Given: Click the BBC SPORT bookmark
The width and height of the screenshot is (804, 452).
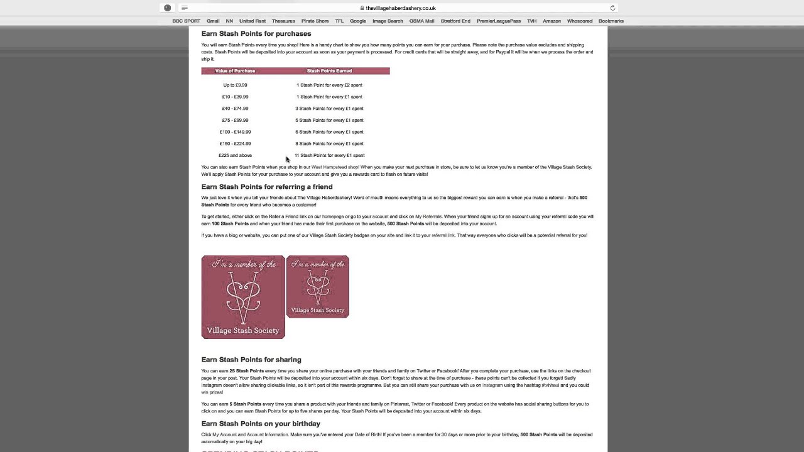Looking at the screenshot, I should (186, 21).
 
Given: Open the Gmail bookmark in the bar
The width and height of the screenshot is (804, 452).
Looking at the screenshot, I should (213, 21).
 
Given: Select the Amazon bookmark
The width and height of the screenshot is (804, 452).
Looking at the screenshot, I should (551, 21).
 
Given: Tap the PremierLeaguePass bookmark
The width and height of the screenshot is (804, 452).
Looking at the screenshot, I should (498, 21).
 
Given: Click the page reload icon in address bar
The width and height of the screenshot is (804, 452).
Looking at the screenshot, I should (612, 8).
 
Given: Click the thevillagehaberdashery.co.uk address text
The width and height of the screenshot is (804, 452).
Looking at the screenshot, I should (401, 8).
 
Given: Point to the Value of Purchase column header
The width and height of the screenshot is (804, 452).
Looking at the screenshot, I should (235, 71).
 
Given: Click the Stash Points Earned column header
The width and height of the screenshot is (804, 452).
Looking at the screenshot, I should (329, 71).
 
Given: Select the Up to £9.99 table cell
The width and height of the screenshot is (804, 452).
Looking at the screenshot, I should (235, 85).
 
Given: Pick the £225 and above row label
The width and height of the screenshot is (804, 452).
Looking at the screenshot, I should (235, 155).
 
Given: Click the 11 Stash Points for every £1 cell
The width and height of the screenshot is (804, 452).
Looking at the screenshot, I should (329, 155).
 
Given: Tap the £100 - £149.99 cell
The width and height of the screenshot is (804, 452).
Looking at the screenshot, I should (235, 132).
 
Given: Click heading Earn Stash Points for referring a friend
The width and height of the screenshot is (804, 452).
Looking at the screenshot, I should (266, 186).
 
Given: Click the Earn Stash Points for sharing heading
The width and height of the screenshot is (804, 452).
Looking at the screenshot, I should (251, 360).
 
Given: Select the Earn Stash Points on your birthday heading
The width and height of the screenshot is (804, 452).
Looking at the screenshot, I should (260, 424).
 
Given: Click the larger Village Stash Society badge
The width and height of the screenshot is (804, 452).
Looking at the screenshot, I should (243, 297).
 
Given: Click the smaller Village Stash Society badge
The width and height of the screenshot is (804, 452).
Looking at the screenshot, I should (317, 286).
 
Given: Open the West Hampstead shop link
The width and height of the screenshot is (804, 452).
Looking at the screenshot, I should (335, 167).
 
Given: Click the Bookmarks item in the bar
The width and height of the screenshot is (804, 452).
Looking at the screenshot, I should (611, 21).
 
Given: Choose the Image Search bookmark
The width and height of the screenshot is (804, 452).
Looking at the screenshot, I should (388, 21).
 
